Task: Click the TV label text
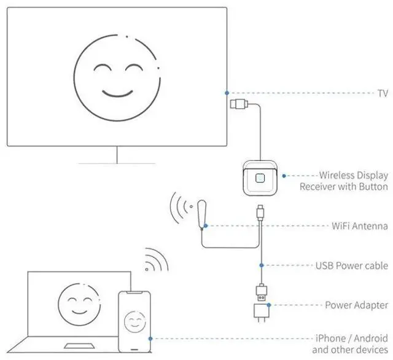(381, 93)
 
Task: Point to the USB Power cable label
(352, 266)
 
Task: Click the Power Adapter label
(356, 305)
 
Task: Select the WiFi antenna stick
(201, 215)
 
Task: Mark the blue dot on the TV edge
(227, 93)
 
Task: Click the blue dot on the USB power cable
(262, 265)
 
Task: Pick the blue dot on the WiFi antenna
(205, 226)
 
